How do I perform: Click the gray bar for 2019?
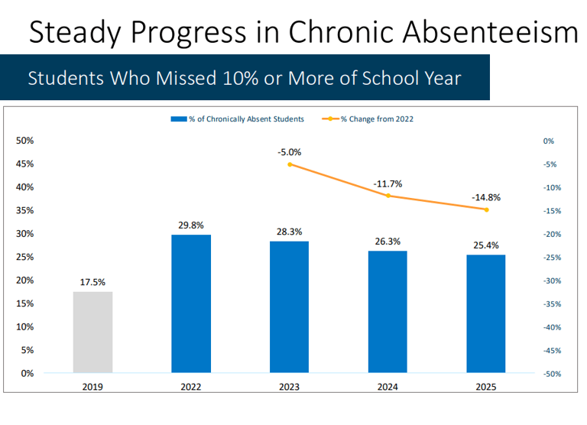92,333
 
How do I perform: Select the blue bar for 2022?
191,303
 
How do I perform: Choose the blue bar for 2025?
485,314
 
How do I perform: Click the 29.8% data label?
191,225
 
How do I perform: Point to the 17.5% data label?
92,282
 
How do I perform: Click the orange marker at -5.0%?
289,164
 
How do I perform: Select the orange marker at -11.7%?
388,196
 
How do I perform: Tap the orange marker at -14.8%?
485,209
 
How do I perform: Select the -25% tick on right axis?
552,257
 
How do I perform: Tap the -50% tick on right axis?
552,374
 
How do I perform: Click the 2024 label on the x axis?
388,388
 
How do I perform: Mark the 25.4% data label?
485,245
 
